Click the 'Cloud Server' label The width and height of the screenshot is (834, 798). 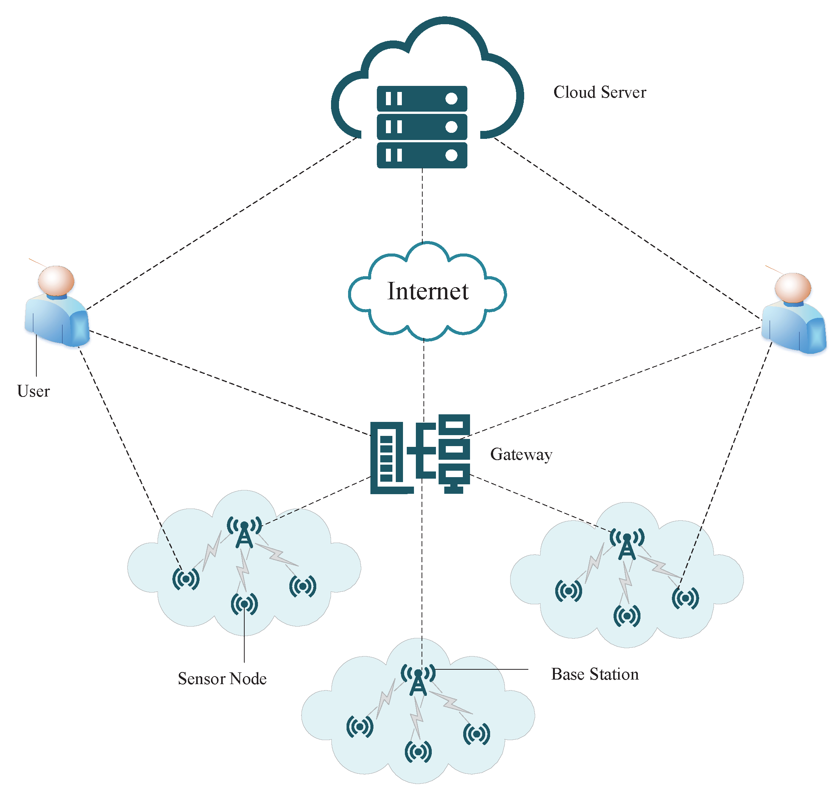[599, 92]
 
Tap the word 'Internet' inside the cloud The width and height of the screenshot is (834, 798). [428, 291]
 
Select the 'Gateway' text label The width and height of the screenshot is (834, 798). [521, 454]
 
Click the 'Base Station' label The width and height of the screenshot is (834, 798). [594, 674]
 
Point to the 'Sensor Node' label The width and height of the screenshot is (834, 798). [222, 678]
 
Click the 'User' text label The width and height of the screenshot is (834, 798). [33, 391]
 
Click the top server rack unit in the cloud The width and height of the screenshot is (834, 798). [422, 99]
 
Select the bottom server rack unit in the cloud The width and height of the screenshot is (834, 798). [422, 155]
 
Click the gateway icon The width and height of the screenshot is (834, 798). [420, 454]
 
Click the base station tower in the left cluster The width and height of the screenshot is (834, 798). [244, 535]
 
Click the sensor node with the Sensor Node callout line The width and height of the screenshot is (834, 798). [244, 604]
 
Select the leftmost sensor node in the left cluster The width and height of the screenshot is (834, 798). [186, 579]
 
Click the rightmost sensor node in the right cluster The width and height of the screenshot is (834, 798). [685, 598]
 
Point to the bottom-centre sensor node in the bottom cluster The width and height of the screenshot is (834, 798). [418, 752]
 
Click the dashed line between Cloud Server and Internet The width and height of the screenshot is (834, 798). [422, 204]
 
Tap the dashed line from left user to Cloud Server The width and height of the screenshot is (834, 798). [221, 223]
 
